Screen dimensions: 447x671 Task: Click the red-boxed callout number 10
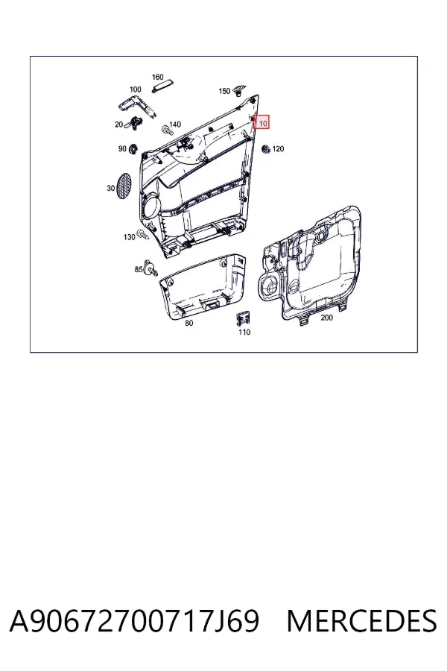click(x=261, y=122)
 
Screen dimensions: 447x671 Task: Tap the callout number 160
click(x=158, y=77)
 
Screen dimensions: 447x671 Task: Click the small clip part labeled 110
click(x=244, y=318)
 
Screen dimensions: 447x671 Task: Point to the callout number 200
click(x=327, y=318)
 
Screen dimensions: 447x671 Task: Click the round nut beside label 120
click(x=266, y=149)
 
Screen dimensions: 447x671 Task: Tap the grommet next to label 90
click(x=133, y=149)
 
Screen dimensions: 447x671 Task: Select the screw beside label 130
click(x=142, y=235)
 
